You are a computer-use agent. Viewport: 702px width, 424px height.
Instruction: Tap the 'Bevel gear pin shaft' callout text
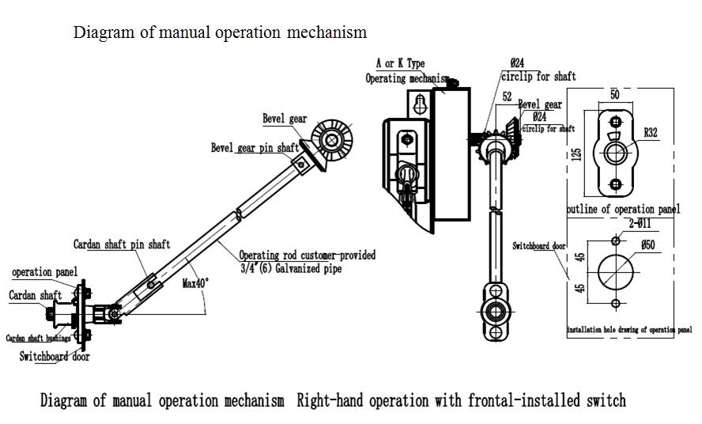(x=255, y=148)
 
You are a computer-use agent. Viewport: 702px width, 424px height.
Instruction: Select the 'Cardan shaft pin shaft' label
(x=121, y=244)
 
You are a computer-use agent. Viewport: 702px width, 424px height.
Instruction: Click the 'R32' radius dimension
(x=650, y=133)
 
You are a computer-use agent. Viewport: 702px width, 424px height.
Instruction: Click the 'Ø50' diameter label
(x=648, y=245)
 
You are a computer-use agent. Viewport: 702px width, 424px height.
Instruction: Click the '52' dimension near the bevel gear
(x=508, y=97)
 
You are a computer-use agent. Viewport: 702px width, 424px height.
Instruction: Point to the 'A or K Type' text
(x=399, y=63)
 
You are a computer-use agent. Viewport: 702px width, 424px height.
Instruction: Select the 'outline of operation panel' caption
(x=623, y=210)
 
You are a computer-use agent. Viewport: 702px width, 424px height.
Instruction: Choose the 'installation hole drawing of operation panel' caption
(x=629, y=329)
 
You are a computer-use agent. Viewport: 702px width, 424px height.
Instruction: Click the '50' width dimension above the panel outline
(x=615, y=94)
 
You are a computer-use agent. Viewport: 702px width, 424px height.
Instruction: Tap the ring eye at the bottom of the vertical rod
(x=497, y=311)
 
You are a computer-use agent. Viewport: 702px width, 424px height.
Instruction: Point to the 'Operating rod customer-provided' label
(x=308, y=255)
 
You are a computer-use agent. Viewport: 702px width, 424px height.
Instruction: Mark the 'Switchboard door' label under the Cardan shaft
(x=55, y=357)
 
